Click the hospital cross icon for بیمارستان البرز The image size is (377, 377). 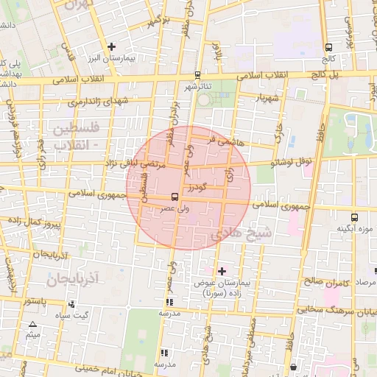tap(111, 46)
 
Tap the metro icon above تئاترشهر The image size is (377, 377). tap(197, 75)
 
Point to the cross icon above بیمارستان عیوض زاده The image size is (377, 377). tap(222, 271)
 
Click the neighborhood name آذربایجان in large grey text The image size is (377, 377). tap(71, 279)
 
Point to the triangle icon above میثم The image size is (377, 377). tap(32, 325)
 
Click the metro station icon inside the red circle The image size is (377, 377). tap(174, 197)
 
